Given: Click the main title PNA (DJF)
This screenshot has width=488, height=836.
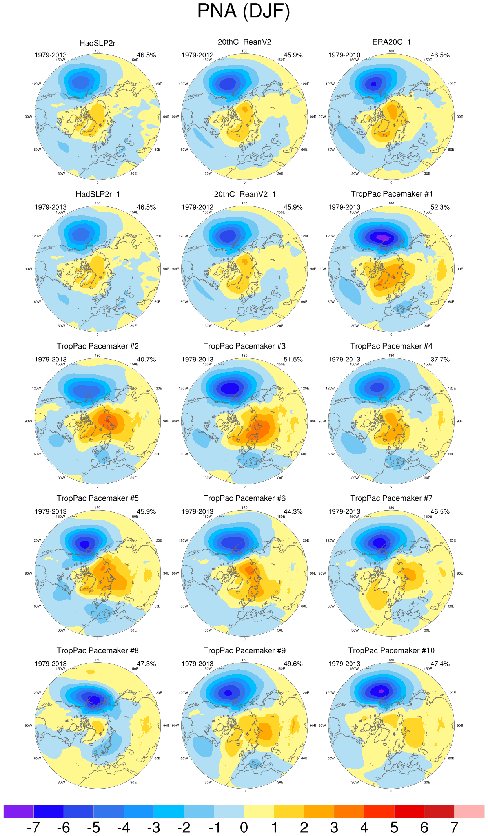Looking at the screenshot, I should [x=244, y=11].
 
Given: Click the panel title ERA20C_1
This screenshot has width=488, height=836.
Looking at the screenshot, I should [x=391, y=42].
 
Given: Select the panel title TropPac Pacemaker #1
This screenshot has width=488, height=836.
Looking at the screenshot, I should [x=391, y=194].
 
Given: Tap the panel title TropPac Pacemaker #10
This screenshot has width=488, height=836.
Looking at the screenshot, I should [x=391, y=650].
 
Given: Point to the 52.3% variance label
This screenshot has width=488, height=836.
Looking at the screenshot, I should [x=440, y=207].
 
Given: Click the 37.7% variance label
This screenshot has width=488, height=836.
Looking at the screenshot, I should [x=440, y=360].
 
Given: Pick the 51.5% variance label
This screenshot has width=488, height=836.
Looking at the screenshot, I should [x=293, y=360].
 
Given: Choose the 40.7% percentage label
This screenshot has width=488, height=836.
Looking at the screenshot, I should [x=146, y=360].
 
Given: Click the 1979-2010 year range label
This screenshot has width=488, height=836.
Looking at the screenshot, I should [x=344, y=55].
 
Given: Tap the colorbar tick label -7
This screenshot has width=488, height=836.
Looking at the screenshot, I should [x=33, y=827].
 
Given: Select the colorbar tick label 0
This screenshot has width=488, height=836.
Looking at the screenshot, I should [x=244, y=827].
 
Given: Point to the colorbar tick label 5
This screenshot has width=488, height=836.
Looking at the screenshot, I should [x=394, y=827].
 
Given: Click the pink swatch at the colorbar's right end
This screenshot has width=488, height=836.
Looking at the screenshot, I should [x=469, y=811].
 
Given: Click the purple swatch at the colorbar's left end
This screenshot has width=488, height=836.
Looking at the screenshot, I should [x=18, y=811].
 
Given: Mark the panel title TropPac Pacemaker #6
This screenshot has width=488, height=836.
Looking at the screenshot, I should [x=244, y=498].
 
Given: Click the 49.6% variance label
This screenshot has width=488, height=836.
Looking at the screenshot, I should [x=293, y=664].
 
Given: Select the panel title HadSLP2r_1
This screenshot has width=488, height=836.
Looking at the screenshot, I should [x=98, y=194].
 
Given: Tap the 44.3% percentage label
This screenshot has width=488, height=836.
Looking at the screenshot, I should [x=293, y=512].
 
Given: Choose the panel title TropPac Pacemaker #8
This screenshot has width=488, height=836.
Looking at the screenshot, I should [x=98, y=650].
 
